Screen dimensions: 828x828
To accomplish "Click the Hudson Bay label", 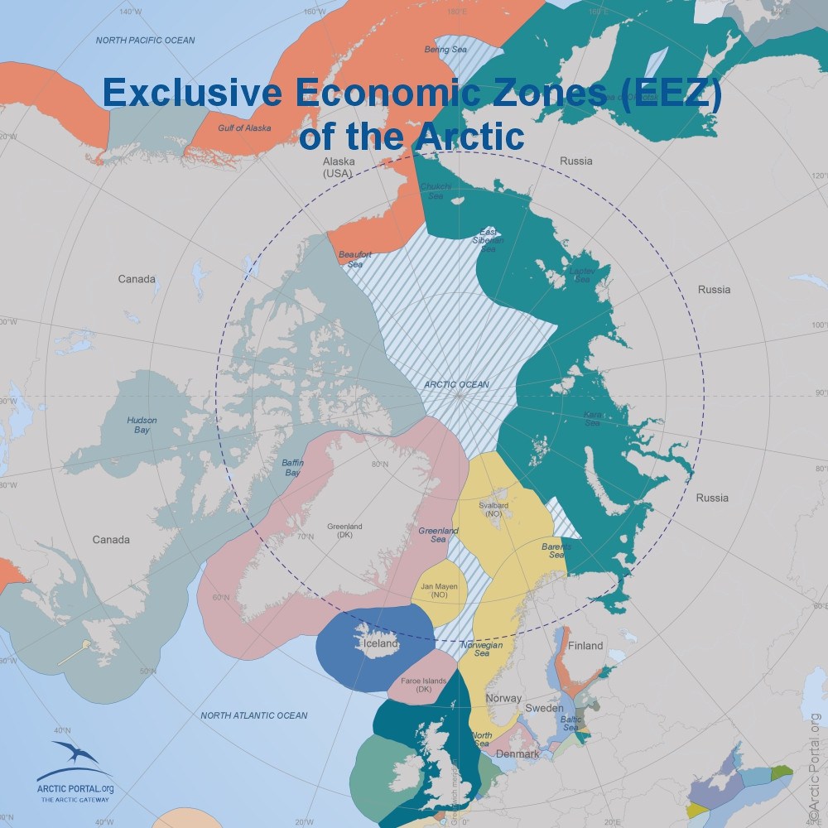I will tap(142, 426).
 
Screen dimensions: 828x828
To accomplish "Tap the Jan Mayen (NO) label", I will tap(440, 590).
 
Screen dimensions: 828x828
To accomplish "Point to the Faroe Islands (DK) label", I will tap(423, 685).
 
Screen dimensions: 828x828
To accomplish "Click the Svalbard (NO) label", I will tap(493, 509).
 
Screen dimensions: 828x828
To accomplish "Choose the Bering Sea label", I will tap(440, 50).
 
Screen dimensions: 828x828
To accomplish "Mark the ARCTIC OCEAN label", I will tap(456, 384).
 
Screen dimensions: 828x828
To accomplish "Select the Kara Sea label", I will tap(592, 417).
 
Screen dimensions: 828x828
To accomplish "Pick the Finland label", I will tap(585, 645).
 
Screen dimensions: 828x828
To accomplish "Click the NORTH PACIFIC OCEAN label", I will tap(145, 40).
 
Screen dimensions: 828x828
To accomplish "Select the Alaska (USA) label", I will tap(338, 167).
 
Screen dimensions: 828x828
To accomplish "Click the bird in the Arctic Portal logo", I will tap(76, 754).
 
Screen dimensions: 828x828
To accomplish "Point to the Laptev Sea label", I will tap(580, 275).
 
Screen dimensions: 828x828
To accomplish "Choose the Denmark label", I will tap(517, 753).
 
